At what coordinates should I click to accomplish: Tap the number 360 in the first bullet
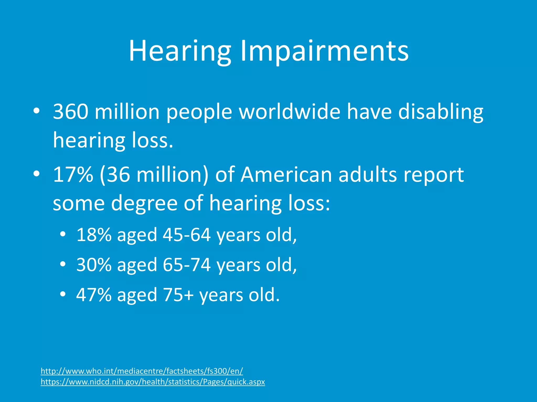tap(70, 111)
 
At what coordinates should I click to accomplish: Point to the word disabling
tap(441, 111)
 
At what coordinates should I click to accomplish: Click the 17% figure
tap(73, 175)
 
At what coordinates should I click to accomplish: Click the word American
tap(286, 175)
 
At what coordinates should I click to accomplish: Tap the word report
tap(433, 175)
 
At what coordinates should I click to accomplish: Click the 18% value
tap(94, 234)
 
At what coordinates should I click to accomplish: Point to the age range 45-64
tap(187, 234)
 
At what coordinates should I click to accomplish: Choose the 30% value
tap(94, 265)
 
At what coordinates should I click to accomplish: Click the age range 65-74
tap(187, 265)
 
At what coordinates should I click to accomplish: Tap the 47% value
tap(94, 295)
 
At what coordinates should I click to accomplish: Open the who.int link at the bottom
tap(142, 371)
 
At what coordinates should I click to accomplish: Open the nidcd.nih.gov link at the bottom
tap(153, 382)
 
